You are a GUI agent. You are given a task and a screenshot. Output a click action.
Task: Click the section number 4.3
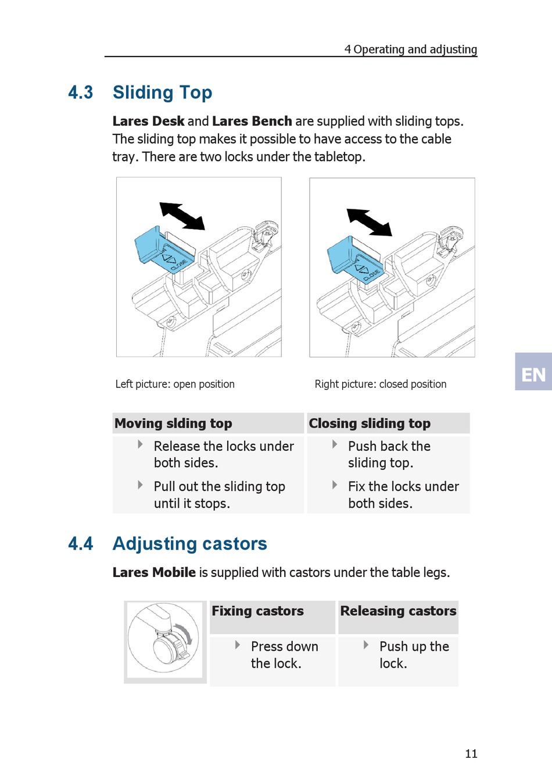coord(80,92)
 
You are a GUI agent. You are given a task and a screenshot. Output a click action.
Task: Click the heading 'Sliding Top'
coord(162,92)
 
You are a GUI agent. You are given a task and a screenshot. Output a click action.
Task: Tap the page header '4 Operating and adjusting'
coord(410,49)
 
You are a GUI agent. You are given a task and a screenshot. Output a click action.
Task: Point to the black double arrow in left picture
coord(182,216)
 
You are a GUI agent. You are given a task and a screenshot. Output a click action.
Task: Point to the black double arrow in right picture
coord(369,222)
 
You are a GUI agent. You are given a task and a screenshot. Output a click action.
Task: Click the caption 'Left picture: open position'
coord(175,384)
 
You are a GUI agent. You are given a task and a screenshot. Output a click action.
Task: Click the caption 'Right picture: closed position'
coord(380,384)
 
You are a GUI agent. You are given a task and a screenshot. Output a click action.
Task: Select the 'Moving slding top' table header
coord(173,423)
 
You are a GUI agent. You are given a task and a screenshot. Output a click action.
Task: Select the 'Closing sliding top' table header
coord(370,423)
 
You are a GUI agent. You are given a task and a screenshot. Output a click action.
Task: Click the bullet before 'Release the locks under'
coord(140,444)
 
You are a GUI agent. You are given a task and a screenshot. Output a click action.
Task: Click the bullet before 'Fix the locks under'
coord(335,485)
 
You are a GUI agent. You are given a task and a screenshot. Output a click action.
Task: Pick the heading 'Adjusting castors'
coord(189,544)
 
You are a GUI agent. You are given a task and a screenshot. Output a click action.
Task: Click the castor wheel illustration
coord(165,640)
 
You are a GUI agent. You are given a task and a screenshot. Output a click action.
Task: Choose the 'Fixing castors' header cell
coord(257,611)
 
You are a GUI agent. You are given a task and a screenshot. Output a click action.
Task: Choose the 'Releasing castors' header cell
coord(398,611)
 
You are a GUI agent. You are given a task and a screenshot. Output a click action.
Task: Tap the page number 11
coord(471,754)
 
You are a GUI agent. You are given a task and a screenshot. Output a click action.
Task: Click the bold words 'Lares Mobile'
coord(154,573)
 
